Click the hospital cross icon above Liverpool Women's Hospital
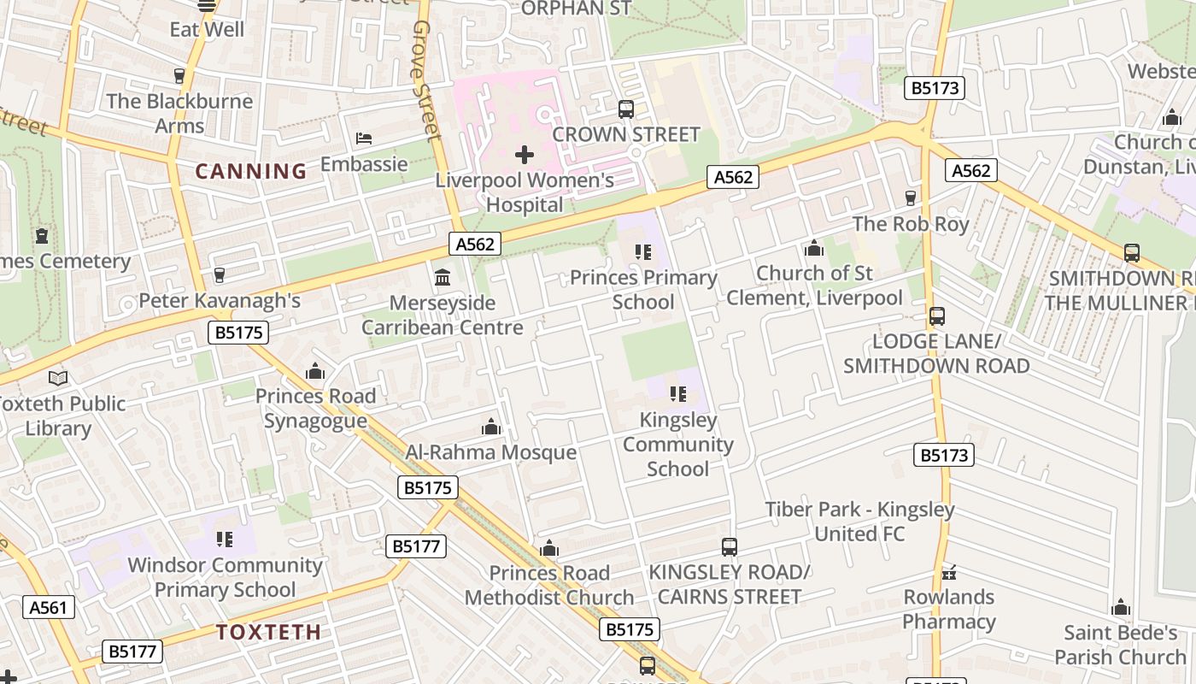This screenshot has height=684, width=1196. click(x=525, y=155)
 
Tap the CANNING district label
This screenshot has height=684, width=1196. click(x=251, y=171)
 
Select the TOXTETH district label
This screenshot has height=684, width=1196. click(x=268, y=633)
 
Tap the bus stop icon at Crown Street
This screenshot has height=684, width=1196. click(x=626, y=109)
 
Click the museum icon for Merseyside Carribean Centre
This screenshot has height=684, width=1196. click(x=443, y=277)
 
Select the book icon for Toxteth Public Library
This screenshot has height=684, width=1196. click(x=58, y=378)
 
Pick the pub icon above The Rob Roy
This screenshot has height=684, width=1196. click(x=911, y=198)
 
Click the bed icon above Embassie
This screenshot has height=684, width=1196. click(x=364, y=139)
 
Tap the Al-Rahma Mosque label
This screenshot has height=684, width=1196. click(x=490, y=452)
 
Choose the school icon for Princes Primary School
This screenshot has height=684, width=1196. click(x=643, y=252)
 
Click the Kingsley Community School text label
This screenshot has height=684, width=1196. click(x=677, y=445)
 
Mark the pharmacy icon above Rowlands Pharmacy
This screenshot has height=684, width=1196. click(x=948, y=572)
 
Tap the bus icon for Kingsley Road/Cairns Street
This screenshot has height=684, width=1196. click(x=729, y=547)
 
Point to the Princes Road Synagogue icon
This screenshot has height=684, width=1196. click(x=315, y=371)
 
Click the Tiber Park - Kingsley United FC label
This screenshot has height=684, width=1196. click(x=859, y=522)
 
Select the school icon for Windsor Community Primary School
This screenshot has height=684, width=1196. click(x=225, y=540)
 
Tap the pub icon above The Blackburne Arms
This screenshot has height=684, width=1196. click(x=179, y=76)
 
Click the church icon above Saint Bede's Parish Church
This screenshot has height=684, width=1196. click(x=1121, y=608)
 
